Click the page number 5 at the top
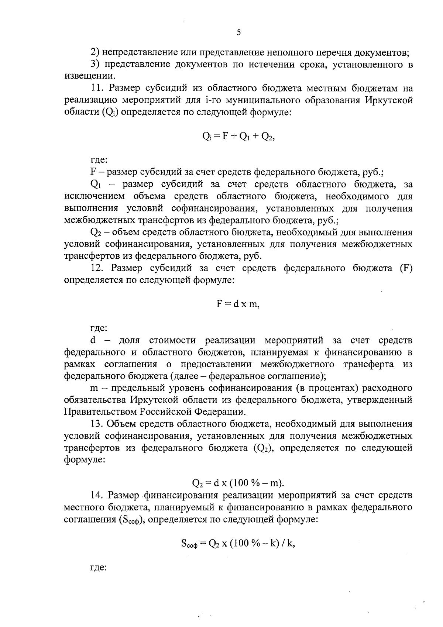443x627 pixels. [x=238, y=32]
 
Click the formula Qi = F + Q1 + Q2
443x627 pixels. [x=238, y=137]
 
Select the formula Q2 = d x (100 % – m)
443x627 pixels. [x=238, y=483]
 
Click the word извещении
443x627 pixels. [x=87, y=77]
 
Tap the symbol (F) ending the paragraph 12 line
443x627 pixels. [x=406, y=268]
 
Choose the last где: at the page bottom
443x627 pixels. [x=99, y=568]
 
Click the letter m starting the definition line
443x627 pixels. [x=94, y=388]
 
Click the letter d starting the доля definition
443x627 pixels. [x=93, y=340]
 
